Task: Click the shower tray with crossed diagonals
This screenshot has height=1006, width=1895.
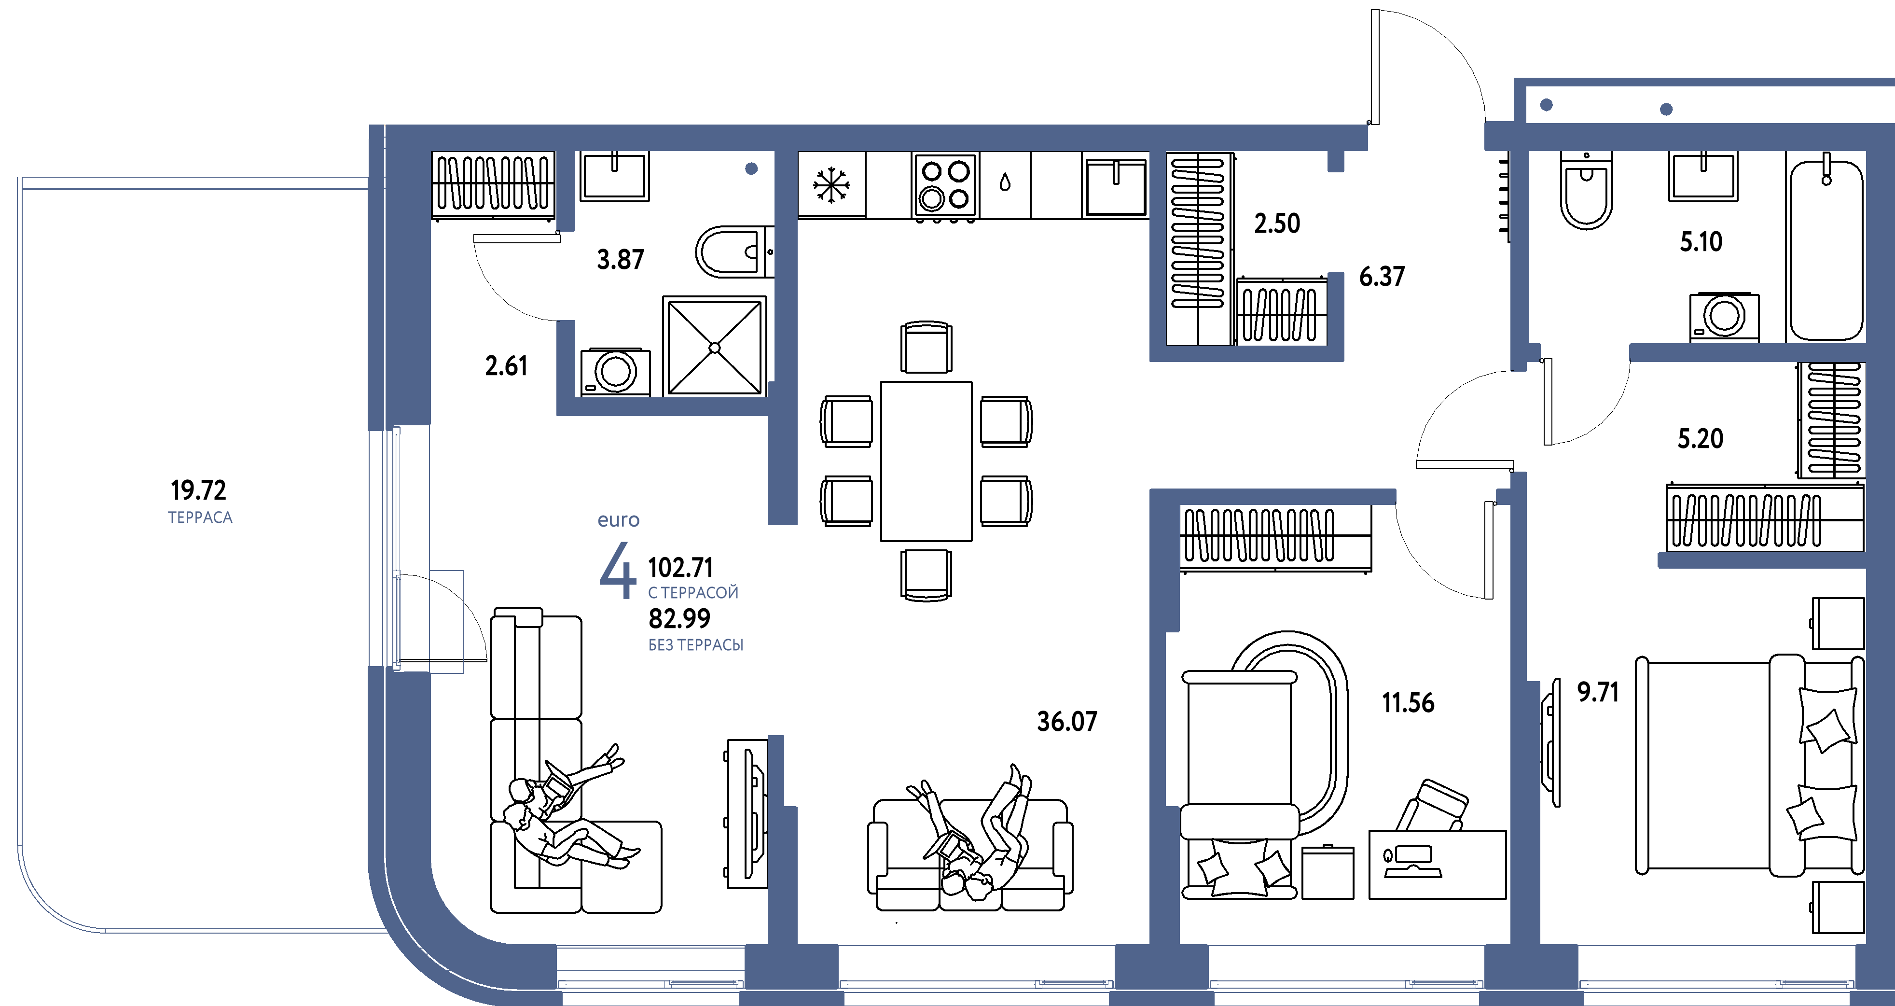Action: coord(714,347)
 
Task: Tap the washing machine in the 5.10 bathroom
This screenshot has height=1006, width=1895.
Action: coord(1724,317)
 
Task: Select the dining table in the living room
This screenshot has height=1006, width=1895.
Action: coord(926,461)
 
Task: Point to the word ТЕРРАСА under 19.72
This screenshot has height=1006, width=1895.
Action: coord(200,517)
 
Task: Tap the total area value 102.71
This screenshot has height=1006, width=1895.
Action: coord(680,567)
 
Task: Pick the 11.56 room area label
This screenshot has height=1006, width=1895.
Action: coord(1408,703)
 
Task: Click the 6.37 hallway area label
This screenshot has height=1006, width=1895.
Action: coord(1382,277)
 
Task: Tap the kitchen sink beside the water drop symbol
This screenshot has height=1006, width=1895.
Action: coord(1115,188)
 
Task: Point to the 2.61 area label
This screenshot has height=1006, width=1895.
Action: coord(506,366)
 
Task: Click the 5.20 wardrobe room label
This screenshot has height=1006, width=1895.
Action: coord(1700,439)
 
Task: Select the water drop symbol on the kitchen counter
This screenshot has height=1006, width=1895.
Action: coord(1005,182)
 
